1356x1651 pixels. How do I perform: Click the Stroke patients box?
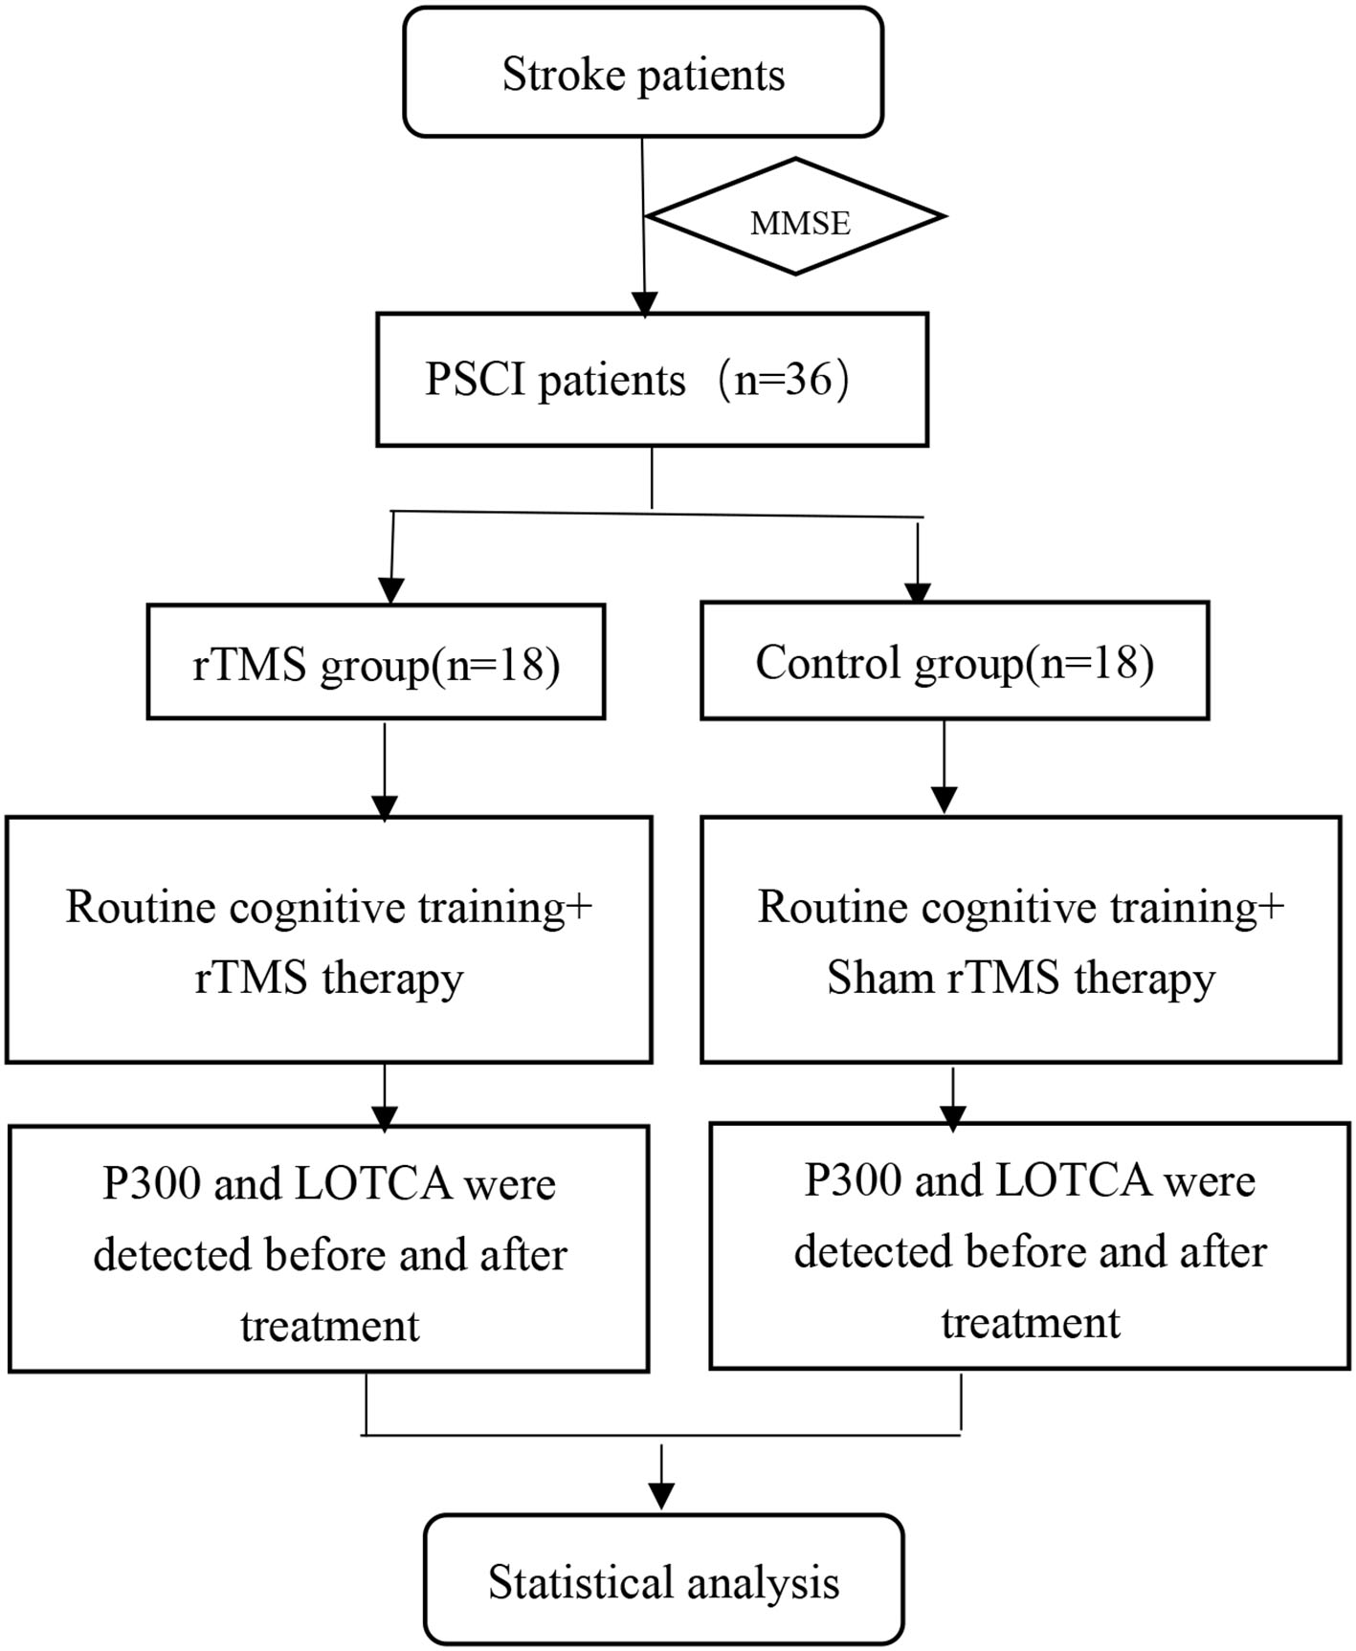click(643, 73)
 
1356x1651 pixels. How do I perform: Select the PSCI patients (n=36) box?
click(652, 380)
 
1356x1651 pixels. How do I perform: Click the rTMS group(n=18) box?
click(376, 662)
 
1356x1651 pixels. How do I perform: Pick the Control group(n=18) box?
click(954, 661)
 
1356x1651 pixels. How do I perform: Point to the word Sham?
click(879, 978)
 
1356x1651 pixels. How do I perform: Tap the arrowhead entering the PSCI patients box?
click(645, 303)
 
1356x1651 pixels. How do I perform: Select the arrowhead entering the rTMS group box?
click(391, 590)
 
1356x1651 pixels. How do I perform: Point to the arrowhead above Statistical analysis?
click(661, 1494)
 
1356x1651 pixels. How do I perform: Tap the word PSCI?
click(476, 380)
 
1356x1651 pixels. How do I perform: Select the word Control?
click(829, 662)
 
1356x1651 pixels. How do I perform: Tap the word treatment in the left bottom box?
click(330, 1326)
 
